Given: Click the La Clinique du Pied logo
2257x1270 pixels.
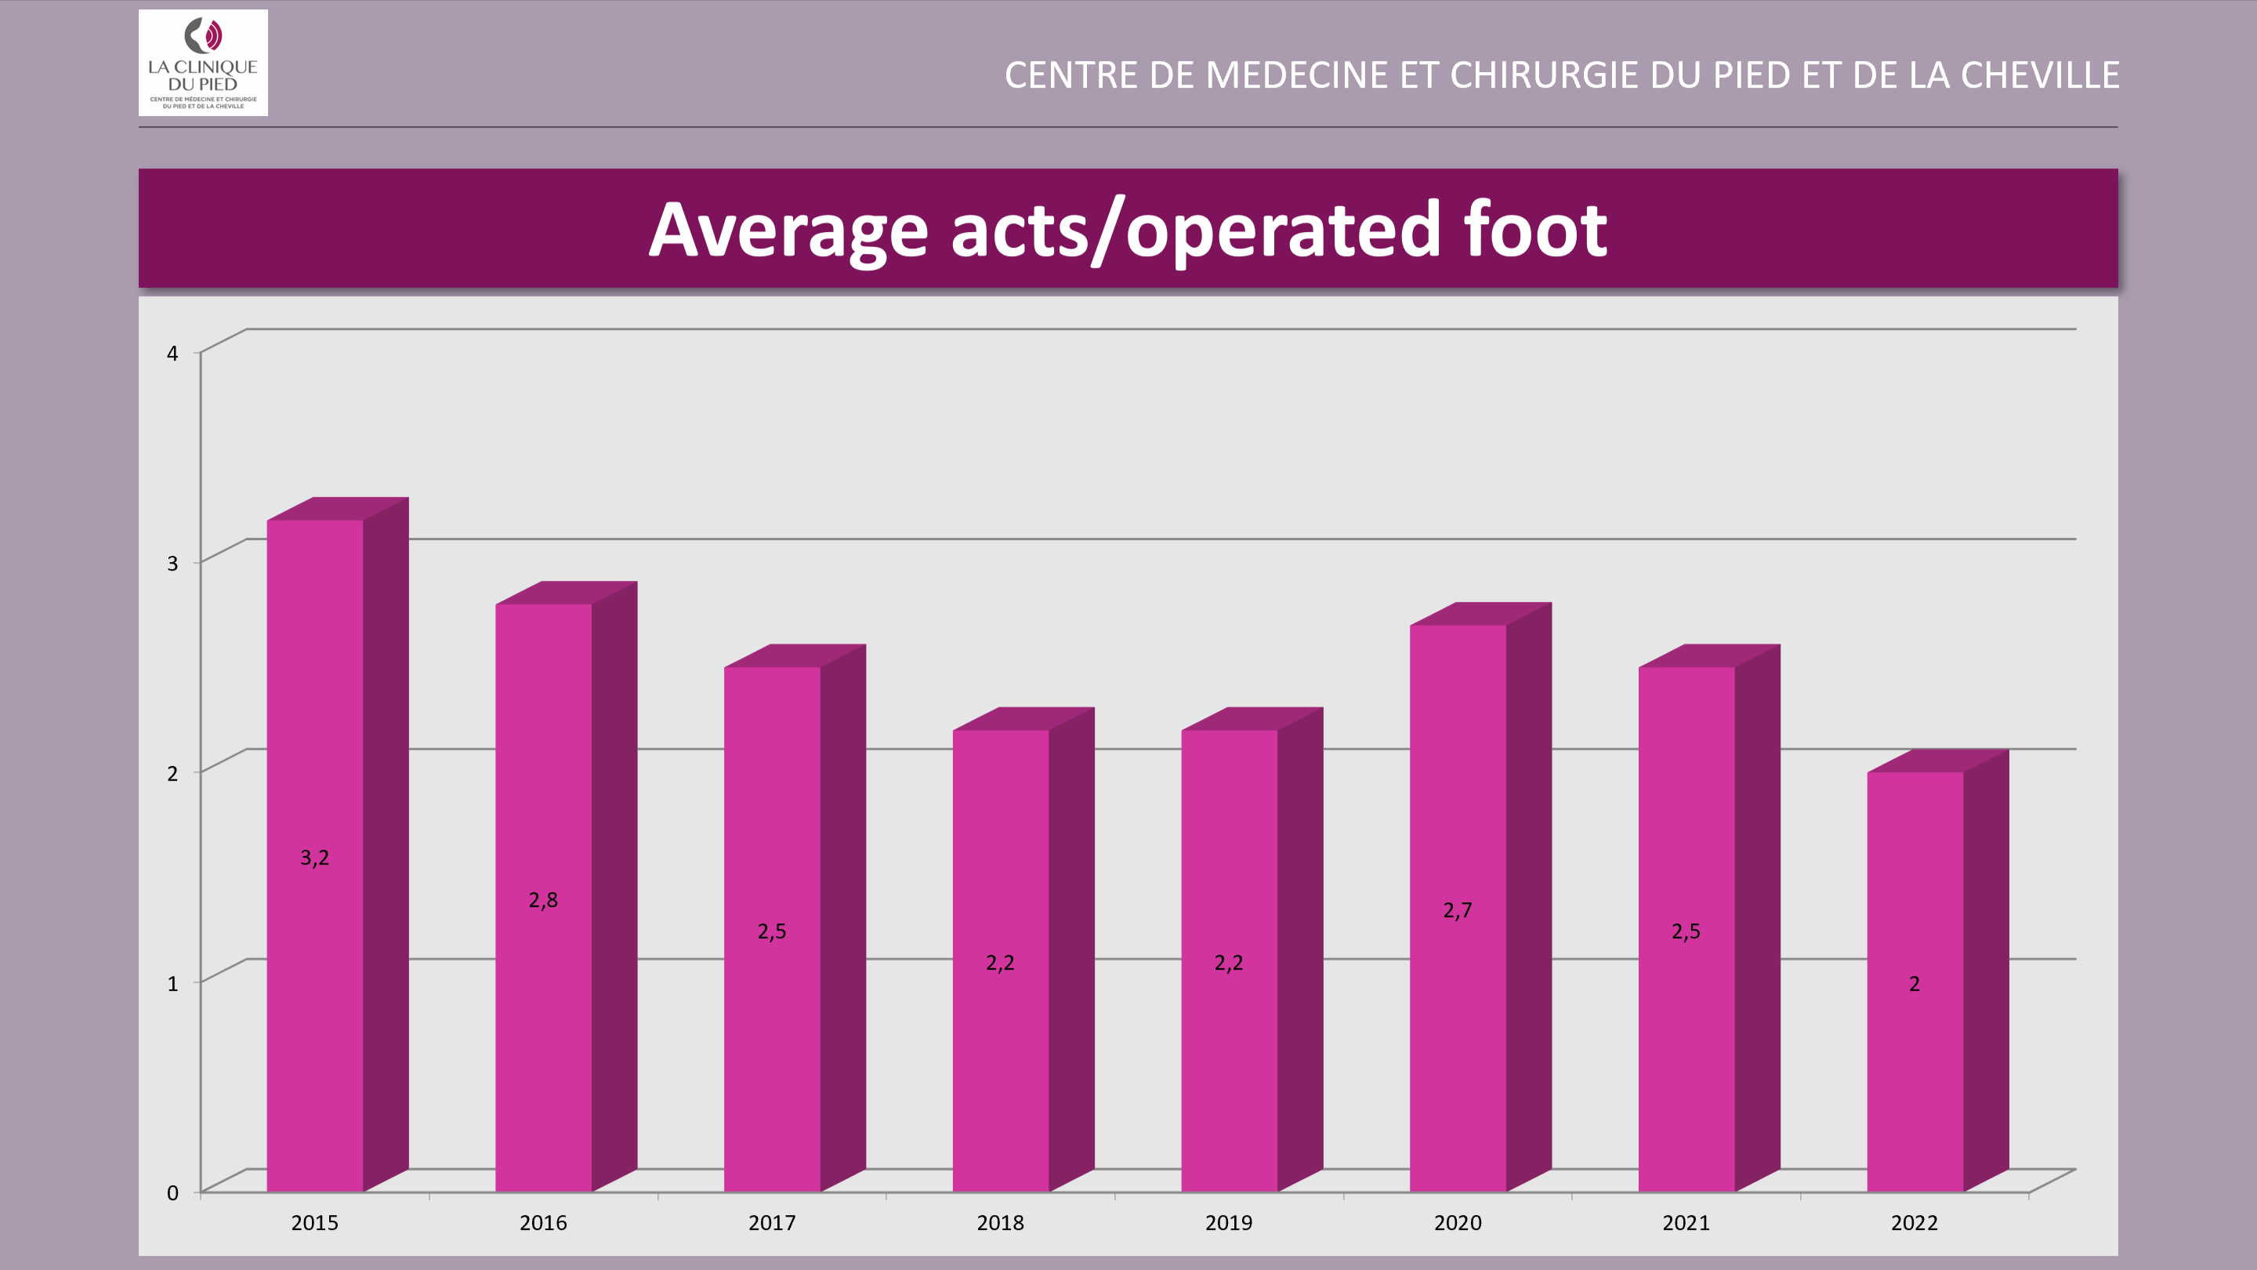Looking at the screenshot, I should point(203,63).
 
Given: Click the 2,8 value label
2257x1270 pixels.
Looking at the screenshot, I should point(543,900).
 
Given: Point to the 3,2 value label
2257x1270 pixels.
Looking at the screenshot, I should point(314,858).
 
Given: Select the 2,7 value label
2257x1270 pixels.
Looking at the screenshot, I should point(1458,911).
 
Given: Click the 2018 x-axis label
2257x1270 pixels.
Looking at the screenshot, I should point(1000,1223).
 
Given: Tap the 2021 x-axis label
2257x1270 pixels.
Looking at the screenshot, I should point(1686,1223).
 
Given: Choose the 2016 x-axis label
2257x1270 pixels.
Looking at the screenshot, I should point(543,1223).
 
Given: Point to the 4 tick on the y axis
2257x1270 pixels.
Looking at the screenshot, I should point(172,354).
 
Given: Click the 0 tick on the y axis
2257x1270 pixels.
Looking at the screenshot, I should point(172,1193).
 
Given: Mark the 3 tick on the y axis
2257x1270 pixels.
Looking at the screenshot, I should point(172,564).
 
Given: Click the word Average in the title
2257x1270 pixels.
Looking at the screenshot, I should point(788,230).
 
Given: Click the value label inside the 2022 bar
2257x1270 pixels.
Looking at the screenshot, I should point(1915,985).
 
